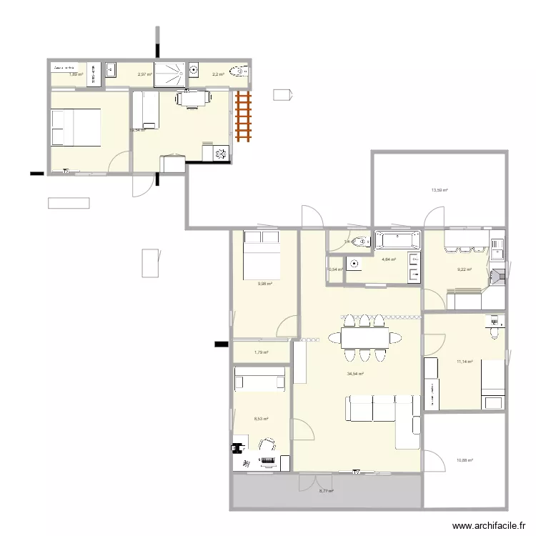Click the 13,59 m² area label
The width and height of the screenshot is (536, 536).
(439, 190)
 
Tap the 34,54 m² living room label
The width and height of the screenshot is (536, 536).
(356, 374)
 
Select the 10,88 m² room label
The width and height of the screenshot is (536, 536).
(465, 461)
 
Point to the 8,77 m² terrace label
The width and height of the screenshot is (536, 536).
(326, 491)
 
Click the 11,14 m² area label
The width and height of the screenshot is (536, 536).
(465, 362)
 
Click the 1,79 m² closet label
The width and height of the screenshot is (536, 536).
(261, 352)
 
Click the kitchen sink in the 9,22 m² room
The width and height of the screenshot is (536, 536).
(497, 247)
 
